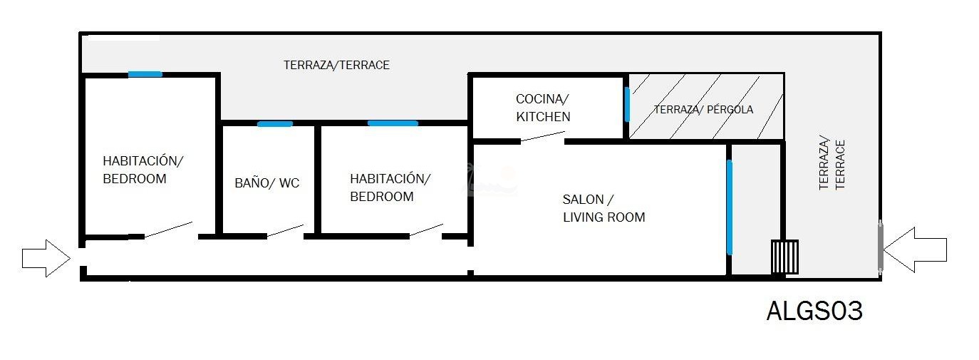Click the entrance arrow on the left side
tap(46, 258)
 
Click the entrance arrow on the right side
tap(915, 250)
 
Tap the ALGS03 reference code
tap(814, 312)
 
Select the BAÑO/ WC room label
tap(267, 182)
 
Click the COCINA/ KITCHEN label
tap(543, 108)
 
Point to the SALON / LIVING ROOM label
tap(604, 208)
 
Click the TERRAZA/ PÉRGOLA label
tap(703, 109)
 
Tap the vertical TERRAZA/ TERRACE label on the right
tap(832, 165)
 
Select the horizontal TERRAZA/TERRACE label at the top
tap(336, 65)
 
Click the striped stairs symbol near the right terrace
tap(784, 257)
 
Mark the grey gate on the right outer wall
tap(880, 247)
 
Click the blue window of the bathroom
tap(275, 124)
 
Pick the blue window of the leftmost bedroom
tap(145, 74)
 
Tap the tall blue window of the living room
tap(730, 207)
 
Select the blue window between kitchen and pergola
tap(627, 104)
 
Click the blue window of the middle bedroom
tap(393, 123)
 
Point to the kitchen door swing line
tap(543, 136)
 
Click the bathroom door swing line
tap(285, 230)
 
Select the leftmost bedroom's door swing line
tap(168, 230)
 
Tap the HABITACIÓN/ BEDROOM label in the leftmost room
tap(143, 170)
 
